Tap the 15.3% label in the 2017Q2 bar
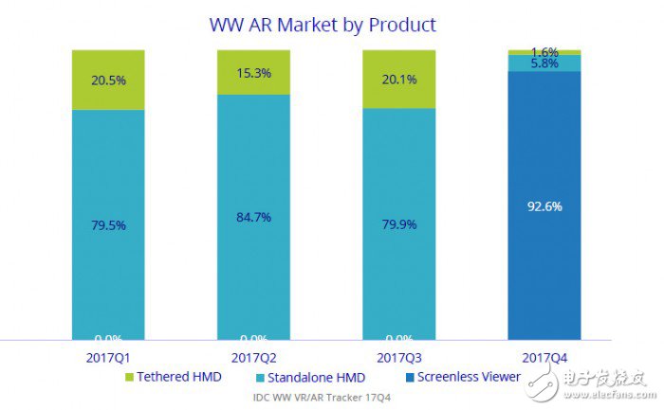coord(252,72)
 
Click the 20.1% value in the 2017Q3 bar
coord(398,80)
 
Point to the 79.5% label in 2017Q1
coord(108,225)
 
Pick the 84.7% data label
coord(252,217)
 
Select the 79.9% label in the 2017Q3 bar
coord(398,225)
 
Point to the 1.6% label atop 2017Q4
coord(544,52)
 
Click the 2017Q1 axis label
coord(107,358)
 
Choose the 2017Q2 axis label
coord(253,358)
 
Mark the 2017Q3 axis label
coord(398,358)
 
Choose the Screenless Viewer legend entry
coord(463,377)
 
